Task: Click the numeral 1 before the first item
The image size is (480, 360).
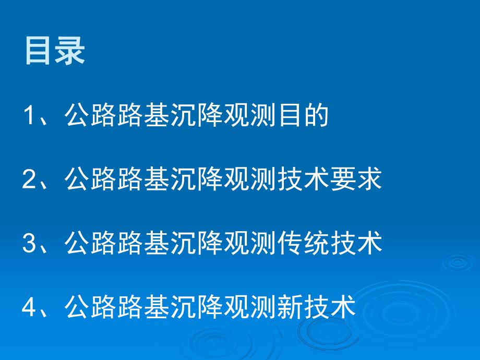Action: click(30, 116)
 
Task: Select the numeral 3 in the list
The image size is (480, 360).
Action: click(30, 244)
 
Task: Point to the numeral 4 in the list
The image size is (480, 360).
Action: click(30, 307)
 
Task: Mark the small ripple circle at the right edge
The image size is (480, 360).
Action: click(457, 262)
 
